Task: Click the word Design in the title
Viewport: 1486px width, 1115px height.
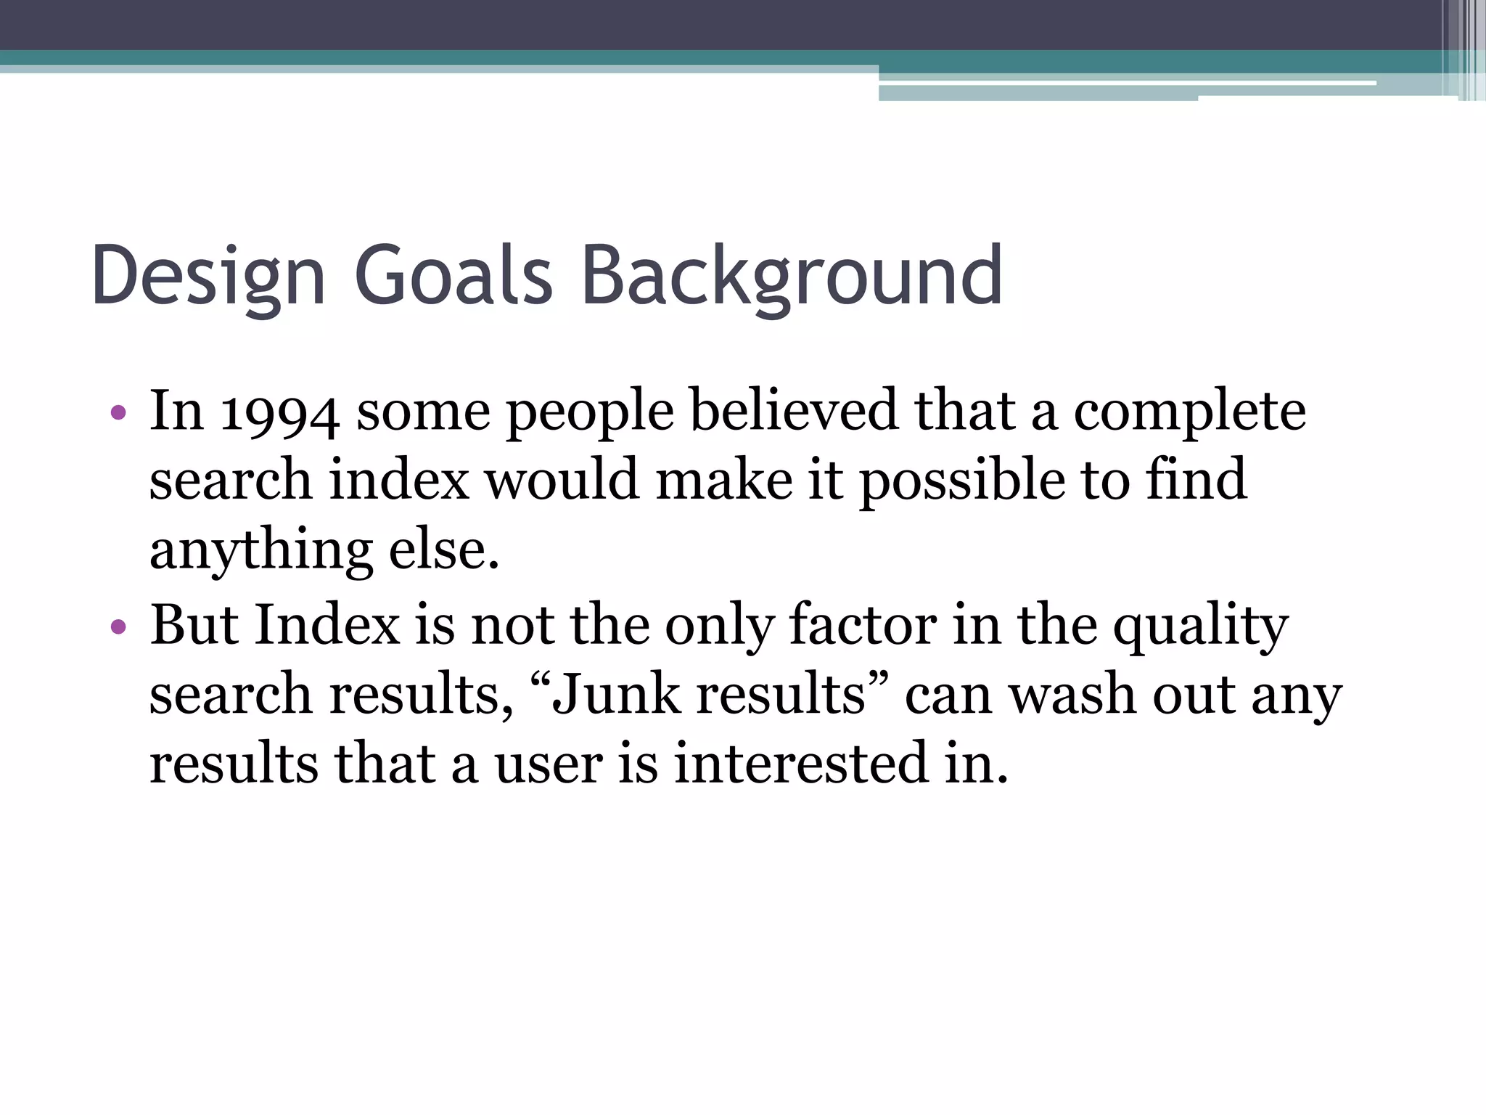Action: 208,277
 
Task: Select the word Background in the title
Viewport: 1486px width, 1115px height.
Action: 792,277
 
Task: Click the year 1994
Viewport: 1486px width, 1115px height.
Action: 279,413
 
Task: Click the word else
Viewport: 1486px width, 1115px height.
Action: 444,550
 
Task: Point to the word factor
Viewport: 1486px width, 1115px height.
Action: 862,624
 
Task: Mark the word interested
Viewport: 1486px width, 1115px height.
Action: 801,764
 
